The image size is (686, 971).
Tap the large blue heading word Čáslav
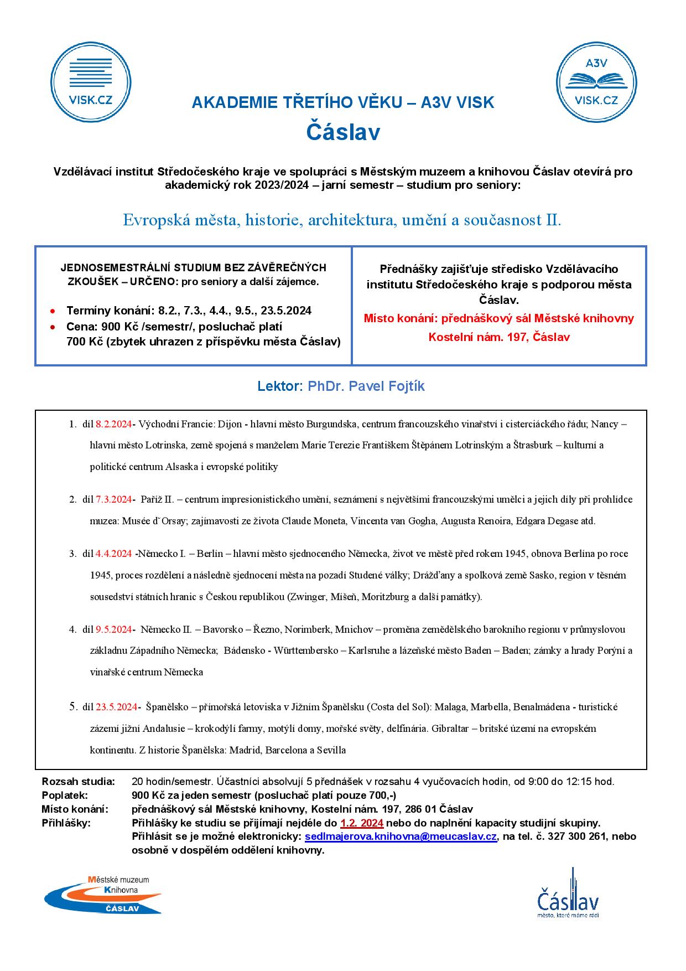click(x=343, y=133)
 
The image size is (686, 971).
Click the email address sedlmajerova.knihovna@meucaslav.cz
click(x=401, y=836)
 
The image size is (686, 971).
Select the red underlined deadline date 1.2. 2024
click(x=362, y=823)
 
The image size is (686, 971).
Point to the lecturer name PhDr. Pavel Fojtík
click(x=366, y=386)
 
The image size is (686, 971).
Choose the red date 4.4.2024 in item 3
click(x=114, y=554)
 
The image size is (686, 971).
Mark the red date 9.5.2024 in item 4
click(x=114, y=629)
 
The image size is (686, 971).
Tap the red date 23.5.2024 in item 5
click(x=116, y=707)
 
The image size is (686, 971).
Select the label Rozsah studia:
click(x=79, y=782)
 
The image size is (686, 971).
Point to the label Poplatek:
click(x=65, y=796)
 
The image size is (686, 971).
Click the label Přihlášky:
click(x=66, y=823)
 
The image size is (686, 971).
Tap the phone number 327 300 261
click(x=577, y=836)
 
